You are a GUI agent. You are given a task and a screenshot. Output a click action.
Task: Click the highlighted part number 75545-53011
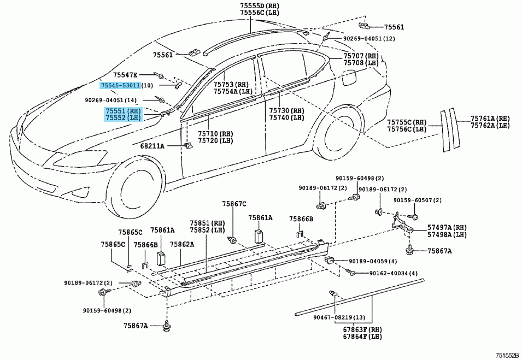(x=120, y=86)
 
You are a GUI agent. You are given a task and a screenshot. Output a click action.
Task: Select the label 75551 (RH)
(x=123, y=111)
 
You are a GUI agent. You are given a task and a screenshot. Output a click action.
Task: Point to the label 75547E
(x=125, y=75)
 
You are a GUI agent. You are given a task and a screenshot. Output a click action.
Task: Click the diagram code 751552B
(x=507, y=355)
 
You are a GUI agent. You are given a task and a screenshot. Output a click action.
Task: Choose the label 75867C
(x=234, y=204)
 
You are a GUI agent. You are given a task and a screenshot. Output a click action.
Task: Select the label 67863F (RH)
(x=362, y=329)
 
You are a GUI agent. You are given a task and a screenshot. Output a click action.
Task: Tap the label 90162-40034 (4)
(x=393, y=273)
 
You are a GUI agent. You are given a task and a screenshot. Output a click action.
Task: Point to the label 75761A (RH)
(x=490, y=119)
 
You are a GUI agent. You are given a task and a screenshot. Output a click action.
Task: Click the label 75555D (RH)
(x=260, y=5)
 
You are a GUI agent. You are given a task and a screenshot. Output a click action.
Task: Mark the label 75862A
(x=182, y=244)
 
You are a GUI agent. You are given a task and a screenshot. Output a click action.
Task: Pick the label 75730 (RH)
(x=286, y=110)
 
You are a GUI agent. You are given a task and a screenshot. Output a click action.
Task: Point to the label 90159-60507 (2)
(x=418, y=200)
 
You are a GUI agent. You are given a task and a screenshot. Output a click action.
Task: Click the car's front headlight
(x=80, y=158)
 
